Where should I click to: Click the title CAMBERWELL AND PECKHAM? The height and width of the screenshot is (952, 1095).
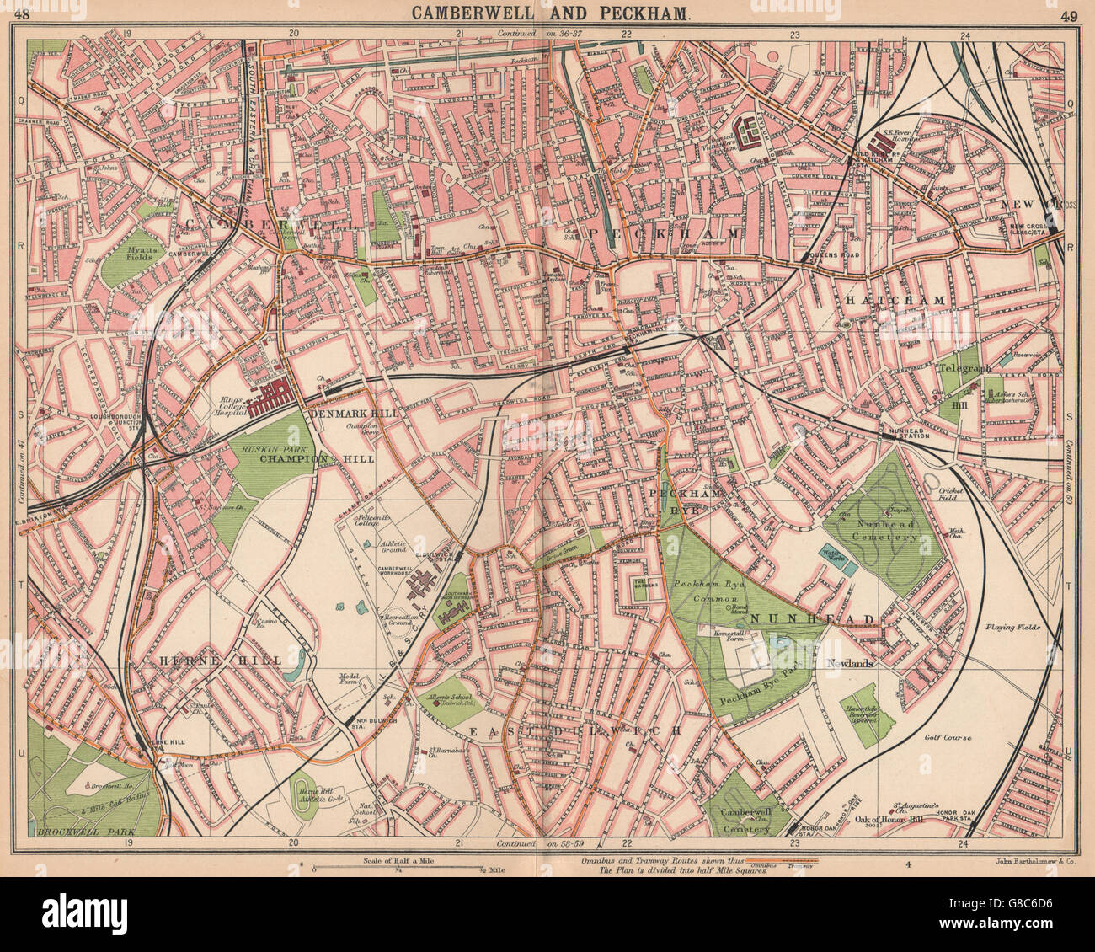[x=547, y=14]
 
